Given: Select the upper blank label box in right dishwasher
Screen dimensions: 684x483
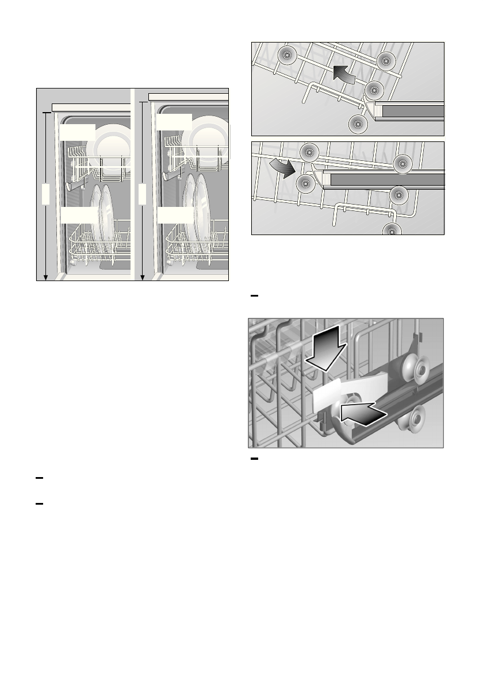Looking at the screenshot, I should click(x=173, y=122).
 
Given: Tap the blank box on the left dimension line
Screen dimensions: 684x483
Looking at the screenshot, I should click(x=45, y=195).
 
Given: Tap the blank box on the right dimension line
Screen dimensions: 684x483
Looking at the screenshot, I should click(x=141, y=195).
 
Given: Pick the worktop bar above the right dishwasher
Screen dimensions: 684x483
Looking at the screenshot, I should click(x=189, y=96).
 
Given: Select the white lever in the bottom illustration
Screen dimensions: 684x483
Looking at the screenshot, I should click(x=345, y=391).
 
